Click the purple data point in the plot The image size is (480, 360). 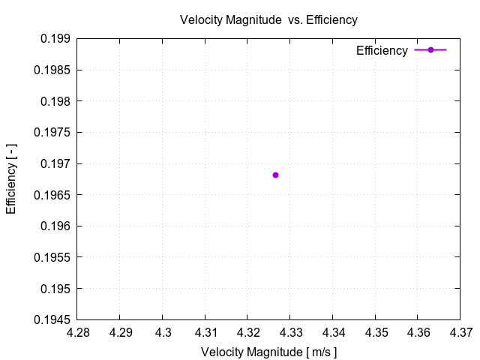[275, 175]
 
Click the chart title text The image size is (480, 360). [268, 19]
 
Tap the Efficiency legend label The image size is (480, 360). [382, 50]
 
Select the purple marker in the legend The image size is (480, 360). [430, 50]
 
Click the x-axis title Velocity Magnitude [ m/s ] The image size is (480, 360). [268, 352]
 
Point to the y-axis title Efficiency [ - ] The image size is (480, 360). [11, 178]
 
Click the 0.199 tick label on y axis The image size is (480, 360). [56, 38]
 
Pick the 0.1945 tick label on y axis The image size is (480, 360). [53, 319]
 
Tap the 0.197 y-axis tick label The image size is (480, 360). [56, 163]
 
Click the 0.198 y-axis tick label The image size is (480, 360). [56, 101]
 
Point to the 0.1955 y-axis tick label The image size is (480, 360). [53, 257]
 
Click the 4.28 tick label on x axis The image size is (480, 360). [79, 331]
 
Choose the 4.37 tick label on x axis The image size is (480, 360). [461, 331]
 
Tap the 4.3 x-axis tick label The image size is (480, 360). [163, 331]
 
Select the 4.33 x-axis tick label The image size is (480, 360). [291, 331]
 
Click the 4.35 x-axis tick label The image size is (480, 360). [376, 331]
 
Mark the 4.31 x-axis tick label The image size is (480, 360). [206, 331]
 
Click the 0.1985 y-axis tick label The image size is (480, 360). [53, 70]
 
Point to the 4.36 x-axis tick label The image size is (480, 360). [418, 331]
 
